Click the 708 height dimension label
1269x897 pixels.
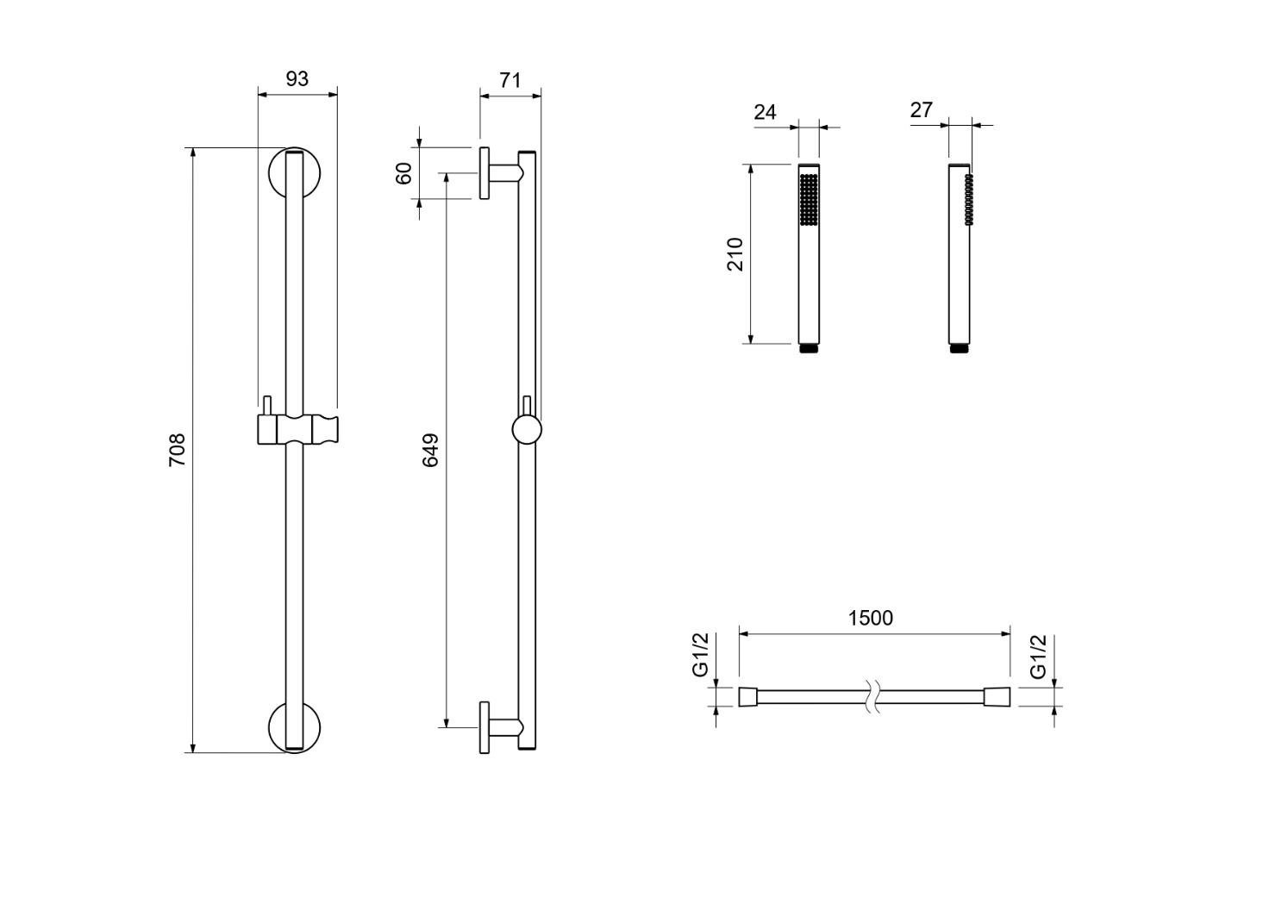(x=177, y=450)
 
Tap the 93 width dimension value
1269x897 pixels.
(x=297, y=78)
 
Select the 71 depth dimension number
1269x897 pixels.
(x=510, y=80)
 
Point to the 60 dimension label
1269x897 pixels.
(x=403, y=173)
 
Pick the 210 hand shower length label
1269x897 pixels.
(x=735, y=254)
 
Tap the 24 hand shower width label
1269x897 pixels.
(x=765, y=112)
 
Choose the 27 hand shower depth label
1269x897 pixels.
(x=922, y=110)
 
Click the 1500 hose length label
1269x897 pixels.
(x=871, y=618)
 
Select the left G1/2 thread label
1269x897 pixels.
(x=701, y=656)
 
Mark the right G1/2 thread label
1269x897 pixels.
(x=1038, y=657)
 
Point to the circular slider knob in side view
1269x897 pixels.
(x=526, y=429)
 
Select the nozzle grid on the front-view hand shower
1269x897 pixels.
(x=809, y=200)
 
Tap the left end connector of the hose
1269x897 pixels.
(x=748, y=696)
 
